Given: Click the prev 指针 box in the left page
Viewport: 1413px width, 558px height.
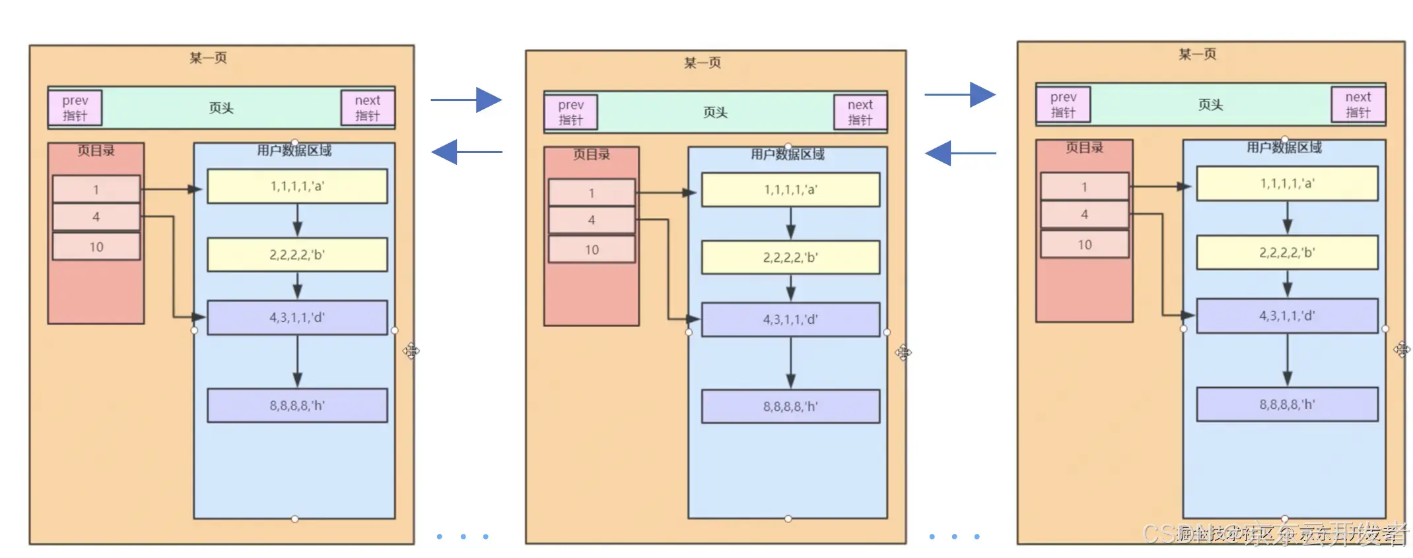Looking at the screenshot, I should (x=75, y=108).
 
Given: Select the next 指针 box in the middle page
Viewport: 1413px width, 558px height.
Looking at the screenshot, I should (x=860, y=113).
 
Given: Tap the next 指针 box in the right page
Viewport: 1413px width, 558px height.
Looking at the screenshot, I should (x=1358, y=105).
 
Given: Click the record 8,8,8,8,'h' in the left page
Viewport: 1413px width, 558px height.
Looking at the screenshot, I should (x=297, y=405).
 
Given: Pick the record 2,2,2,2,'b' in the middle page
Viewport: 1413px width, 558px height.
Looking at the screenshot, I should (x=790, y=257).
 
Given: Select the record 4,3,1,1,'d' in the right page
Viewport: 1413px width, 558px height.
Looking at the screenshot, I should (x=1287, y=316).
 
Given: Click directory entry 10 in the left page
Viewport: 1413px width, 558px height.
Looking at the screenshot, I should (x=96, y=247).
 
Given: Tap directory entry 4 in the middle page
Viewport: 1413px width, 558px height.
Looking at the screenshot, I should (x=592, y=220).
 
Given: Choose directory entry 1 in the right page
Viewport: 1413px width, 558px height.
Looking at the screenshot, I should (x=1084, y=187).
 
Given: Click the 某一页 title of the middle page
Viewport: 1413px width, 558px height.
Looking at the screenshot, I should (x=703, y=63).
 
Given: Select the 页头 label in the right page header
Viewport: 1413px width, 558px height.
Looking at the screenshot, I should (x=1210, y=105).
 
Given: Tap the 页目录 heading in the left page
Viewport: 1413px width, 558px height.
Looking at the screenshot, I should (x=96, y=151).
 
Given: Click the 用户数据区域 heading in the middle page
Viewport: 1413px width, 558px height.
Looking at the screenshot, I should (x=788, y=155).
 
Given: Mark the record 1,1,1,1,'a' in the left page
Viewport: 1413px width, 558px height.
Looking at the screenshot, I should (x=297, y=187).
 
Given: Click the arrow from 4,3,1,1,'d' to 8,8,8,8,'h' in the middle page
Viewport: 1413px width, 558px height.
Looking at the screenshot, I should (x=790, y=362).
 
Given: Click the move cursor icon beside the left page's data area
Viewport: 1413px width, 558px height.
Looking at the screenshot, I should (x=411, y=351).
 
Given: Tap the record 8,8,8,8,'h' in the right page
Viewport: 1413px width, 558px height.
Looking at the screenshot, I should (x=1287, y=404).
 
